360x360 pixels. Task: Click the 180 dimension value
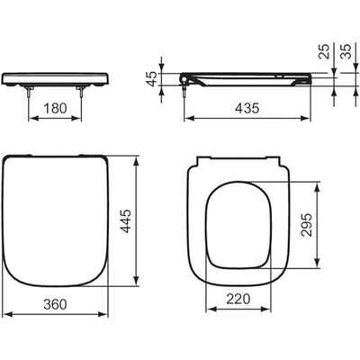(x=55, y=108)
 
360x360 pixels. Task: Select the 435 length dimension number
(x=247, y=108)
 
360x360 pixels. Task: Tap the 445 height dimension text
(x=127, y=221)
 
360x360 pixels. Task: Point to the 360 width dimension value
(x=55, y=304)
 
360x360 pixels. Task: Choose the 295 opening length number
(x=307, y=225)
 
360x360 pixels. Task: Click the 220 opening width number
(x=238, y=299)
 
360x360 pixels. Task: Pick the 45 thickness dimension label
(x=153, y=79)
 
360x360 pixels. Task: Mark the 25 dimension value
(x=324, y=51)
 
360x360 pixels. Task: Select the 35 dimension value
(x=346, y=51)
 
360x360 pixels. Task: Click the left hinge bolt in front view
(x=29, y=91)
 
